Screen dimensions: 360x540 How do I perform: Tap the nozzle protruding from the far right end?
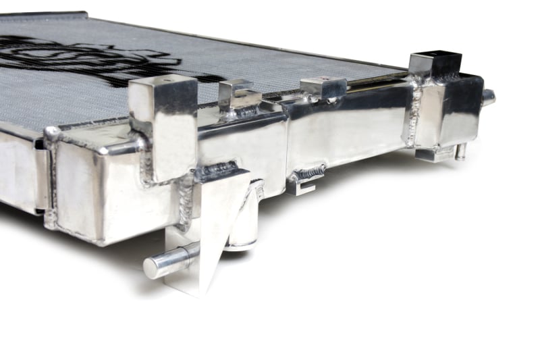point(487,97)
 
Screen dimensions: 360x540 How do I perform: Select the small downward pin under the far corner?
point(461,151)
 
